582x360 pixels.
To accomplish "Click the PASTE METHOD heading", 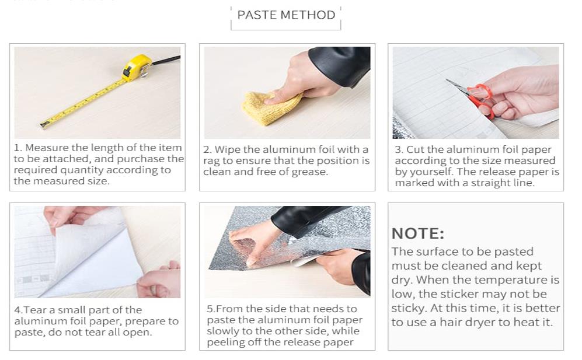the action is click(286, 15).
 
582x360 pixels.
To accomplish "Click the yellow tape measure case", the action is click(136, 68).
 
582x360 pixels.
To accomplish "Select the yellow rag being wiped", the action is click(271, 107).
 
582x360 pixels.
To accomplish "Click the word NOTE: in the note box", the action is click(417, 234).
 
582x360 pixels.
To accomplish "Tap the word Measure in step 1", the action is click(47, 148).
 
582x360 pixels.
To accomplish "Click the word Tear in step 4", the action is click(36, 310).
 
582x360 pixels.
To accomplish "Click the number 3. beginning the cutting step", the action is click(399, 149).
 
